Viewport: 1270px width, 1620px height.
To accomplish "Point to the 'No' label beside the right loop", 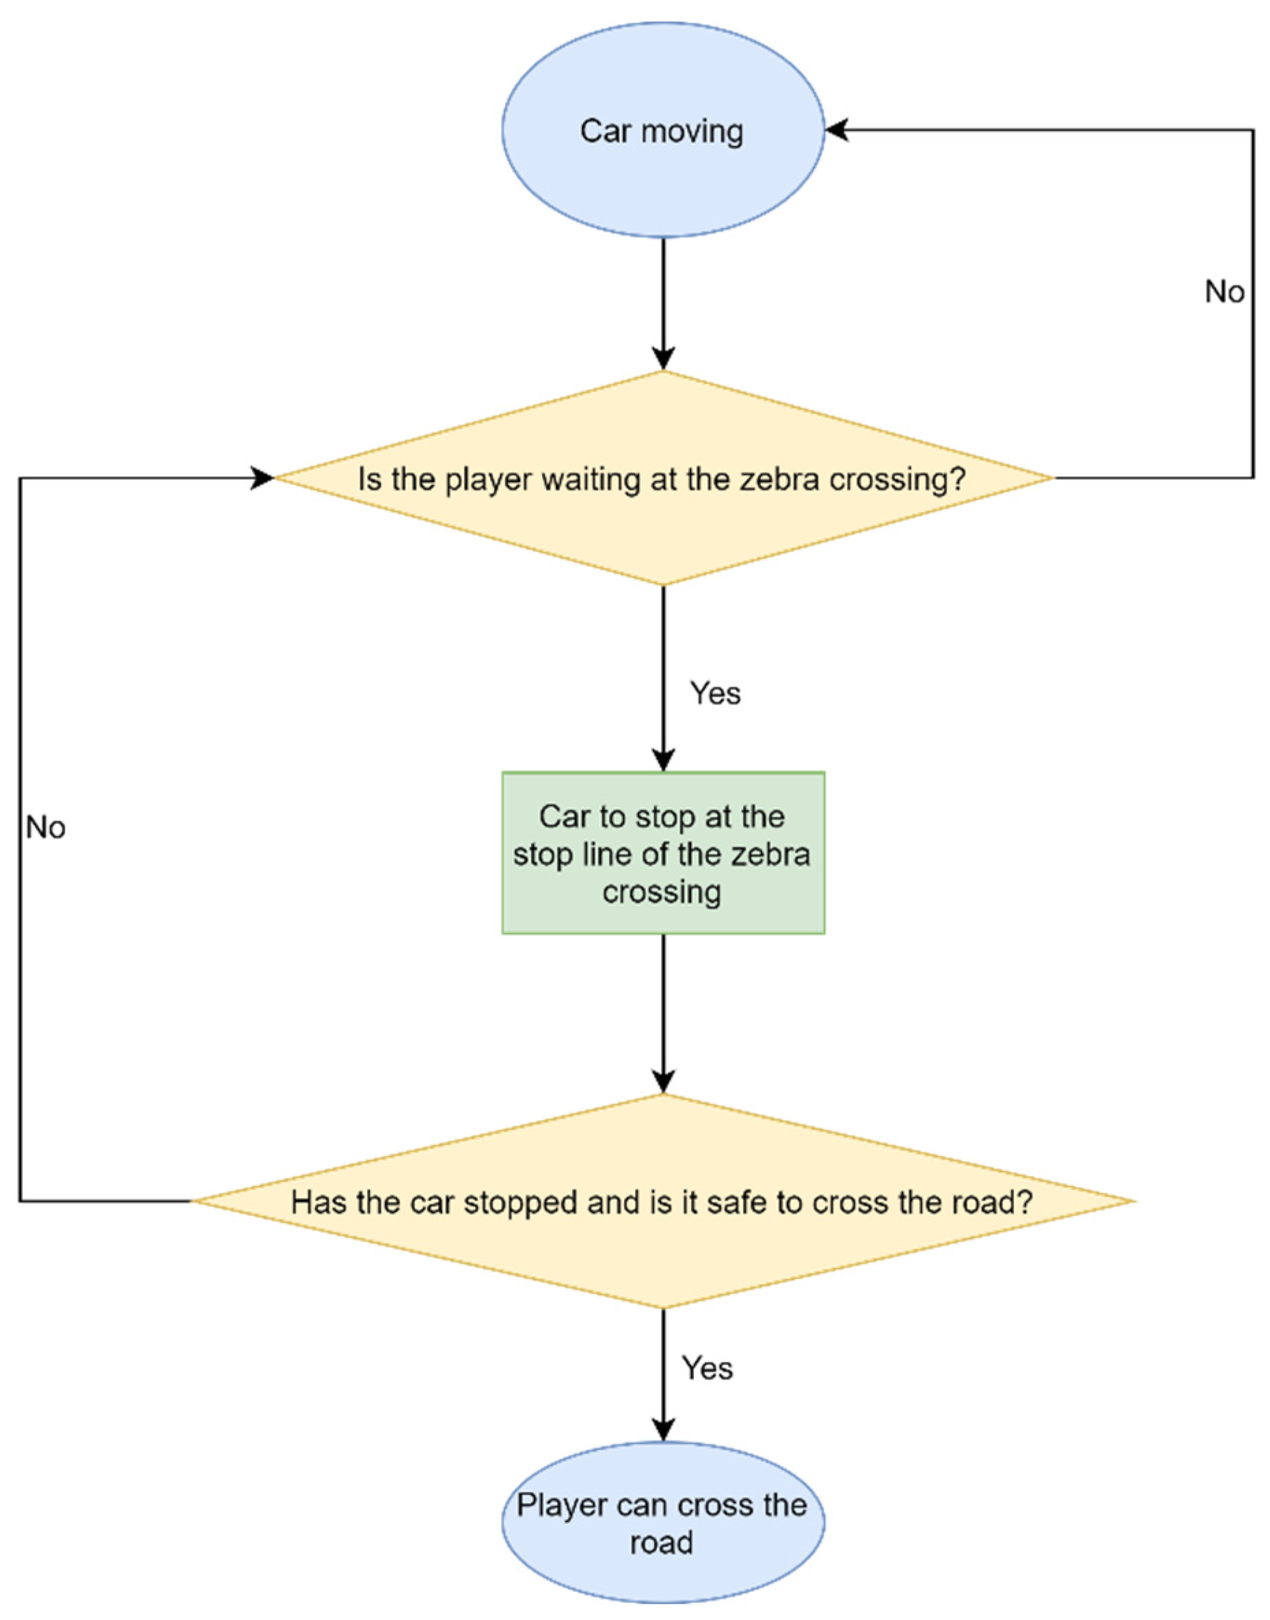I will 1224,292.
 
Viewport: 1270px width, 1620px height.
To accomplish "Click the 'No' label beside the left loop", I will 46,827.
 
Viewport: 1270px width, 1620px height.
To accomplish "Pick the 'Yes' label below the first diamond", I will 715,694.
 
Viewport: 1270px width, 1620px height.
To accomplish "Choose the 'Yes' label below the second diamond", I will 707,1368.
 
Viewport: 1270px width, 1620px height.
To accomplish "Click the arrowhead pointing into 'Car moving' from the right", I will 837,131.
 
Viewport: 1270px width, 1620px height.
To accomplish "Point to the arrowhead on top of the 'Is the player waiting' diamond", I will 663,359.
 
